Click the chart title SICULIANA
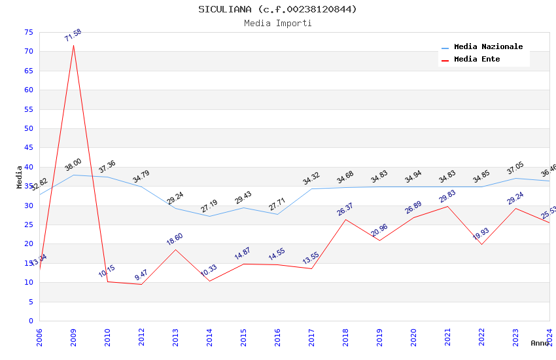coord(278,9)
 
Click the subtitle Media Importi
coord(278,23)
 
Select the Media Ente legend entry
coord(477,60)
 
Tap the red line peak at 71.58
coord(73,45)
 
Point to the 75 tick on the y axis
coord(28,32)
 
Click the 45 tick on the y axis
coord(28,148)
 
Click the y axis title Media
coord(20,177)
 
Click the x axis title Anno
coord(540,343)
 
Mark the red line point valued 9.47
coord(141,284)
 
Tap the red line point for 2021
coord(447,206)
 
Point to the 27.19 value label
coord(209,206)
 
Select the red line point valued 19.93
coord(482,244)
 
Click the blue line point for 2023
coord(516,178)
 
